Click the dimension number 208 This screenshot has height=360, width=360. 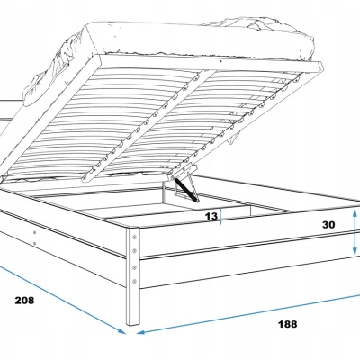24,300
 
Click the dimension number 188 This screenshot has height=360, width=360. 287,324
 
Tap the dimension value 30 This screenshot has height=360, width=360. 328,225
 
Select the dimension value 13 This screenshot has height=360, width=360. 211,216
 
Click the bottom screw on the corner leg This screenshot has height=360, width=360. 134,281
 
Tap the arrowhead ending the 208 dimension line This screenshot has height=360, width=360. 121,330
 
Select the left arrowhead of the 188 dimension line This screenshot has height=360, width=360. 141,332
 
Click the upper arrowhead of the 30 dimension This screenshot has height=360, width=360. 355,213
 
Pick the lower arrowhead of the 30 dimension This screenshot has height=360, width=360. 355,251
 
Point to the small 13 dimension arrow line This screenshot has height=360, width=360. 220,216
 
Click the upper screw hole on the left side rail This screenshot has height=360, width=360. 35,232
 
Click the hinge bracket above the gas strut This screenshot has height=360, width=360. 183,170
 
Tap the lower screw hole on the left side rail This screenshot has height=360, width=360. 35,244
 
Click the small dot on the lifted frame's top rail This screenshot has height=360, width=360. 220,61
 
